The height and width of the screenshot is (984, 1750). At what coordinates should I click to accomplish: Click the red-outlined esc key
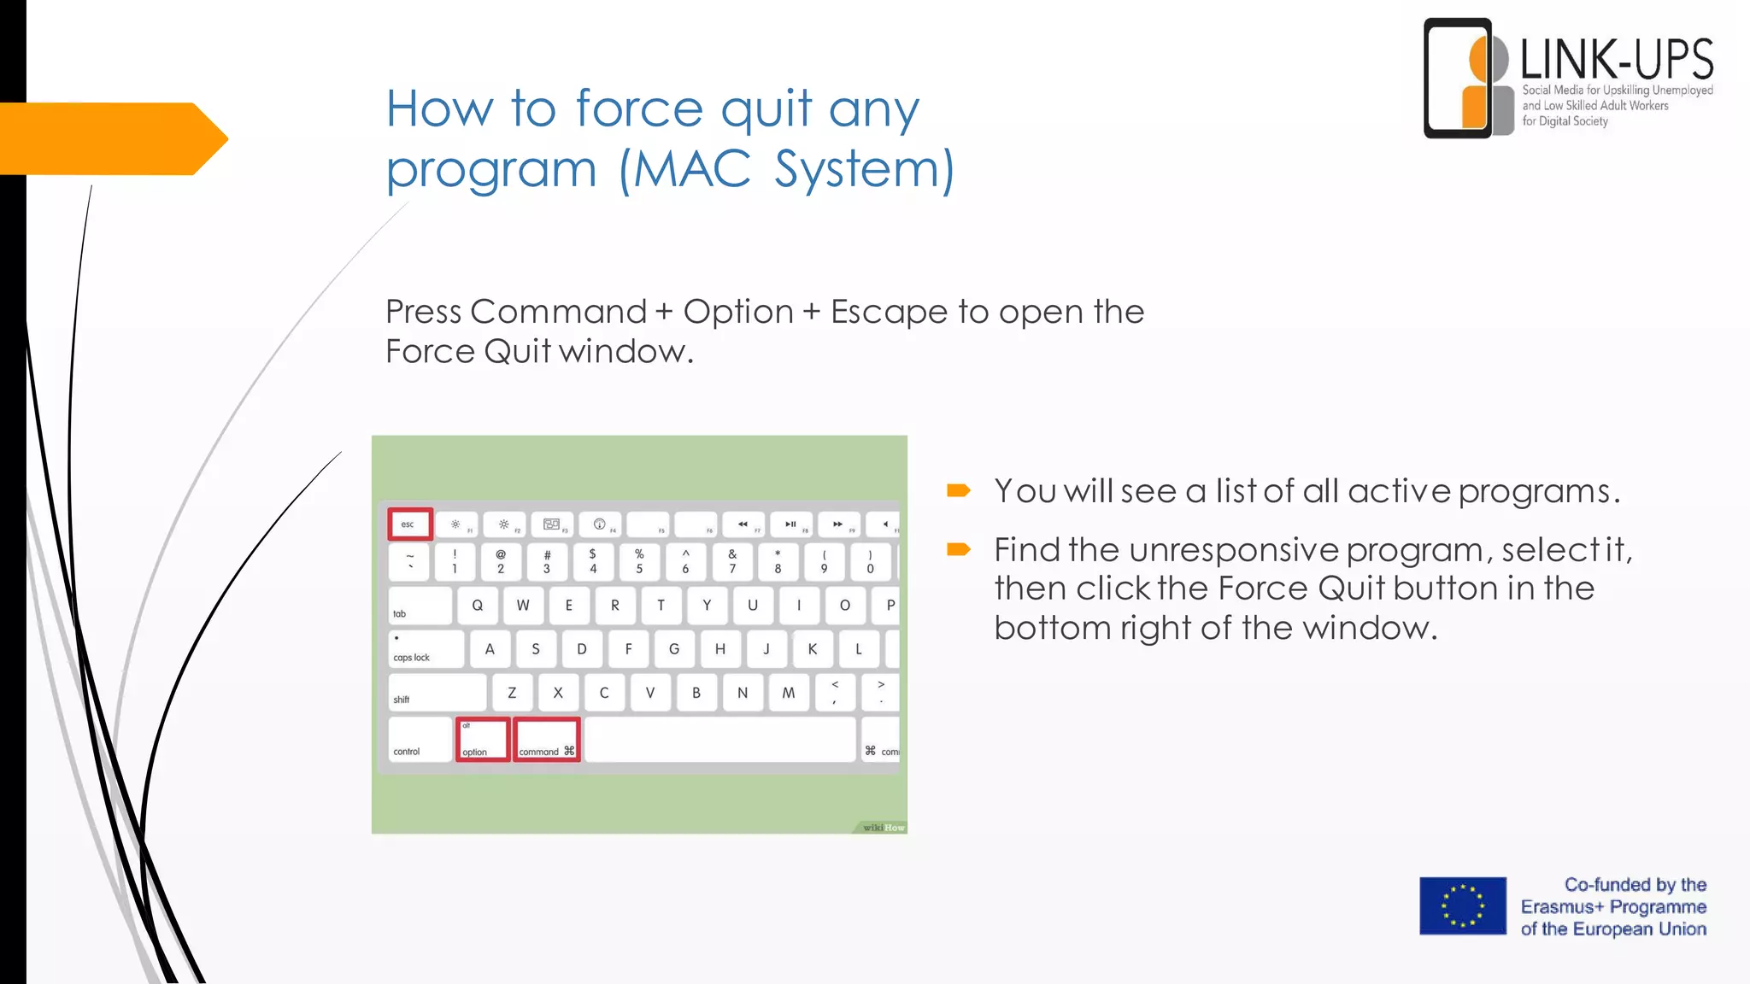coord(410,524)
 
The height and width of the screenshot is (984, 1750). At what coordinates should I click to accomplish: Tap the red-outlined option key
coord(483,740)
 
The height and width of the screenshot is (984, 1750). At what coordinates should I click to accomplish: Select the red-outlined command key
coord(547,740)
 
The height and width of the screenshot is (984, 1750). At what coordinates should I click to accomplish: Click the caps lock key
coord(426,649)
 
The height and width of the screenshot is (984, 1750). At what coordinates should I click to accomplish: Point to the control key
coord(420,740)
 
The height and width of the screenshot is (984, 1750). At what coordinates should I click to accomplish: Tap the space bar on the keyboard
coord(719,740)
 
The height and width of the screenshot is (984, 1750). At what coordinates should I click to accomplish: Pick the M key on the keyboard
coord(788,693)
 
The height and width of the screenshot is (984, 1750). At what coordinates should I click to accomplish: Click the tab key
coord(420,606)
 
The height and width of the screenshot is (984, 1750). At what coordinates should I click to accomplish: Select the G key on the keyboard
coord(674,649)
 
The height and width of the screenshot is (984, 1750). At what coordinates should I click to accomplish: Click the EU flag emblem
coord(1463,906)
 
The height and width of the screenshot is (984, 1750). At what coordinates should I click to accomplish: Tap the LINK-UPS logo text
coord(1617,60)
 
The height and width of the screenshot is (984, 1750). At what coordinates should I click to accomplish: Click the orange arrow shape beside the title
coord(111,138)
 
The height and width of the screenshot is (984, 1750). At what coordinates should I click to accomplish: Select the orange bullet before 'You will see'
coord(958,490)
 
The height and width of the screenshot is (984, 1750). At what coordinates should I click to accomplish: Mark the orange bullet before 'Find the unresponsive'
coord(958,549)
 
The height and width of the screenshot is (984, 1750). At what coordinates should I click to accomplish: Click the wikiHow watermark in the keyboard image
coord(883,827)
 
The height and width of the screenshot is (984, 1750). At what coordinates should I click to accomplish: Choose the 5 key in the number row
coord(639,561)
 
